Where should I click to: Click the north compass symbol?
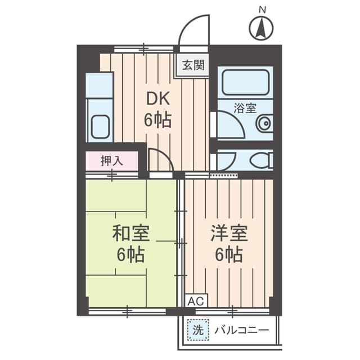tap(261, 28)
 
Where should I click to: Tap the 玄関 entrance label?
tap(193, 65)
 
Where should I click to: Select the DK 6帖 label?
tap(159, 110)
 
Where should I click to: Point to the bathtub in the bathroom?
tap(245, 83)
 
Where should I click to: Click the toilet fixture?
tap(260, 161)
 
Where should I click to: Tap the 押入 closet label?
tap(111, 161)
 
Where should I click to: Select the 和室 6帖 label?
tap(131, 244)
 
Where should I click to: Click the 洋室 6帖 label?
tap(229, 244)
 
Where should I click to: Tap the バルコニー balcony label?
tap(241, 330)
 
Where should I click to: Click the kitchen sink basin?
tap(100, 127)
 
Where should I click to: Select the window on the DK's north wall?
tap(143, 49)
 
